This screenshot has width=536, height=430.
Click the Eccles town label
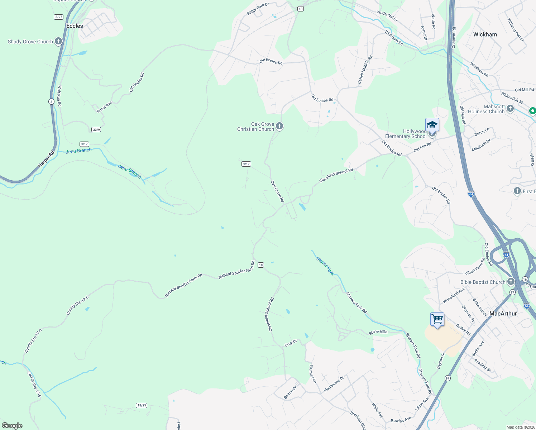75,26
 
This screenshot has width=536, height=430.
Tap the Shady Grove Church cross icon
58,41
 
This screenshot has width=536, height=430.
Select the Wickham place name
485,34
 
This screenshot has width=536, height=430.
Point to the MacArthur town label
503,314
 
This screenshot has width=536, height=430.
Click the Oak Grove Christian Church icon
279,126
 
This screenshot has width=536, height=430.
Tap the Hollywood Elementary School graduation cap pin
432,125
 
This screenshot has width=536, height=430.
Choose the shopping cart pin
437,319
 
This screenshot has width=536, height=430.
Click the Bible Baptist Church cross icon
511,282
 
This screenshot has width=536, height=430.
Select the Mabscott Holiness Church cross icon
510,108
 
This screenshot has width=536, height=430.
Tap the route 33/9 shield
96,129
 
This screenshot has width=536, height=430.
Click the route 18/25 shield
142,405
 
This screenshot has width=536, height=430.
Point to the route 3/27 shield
59,17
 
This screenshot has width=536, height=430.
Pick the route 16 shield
525,279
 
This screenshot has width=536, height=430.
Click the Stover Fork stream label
325,266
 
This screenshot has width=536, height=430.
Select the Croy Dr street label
291,343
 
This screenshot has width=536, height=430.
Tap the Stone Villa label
378,332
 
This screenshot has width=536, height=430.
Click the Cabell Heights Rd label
365,70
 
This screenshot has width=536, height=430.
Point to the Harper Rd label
46,159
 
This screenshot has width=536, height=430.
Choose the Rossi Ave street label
104,107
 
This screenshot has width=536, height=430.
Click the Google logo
12,425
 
